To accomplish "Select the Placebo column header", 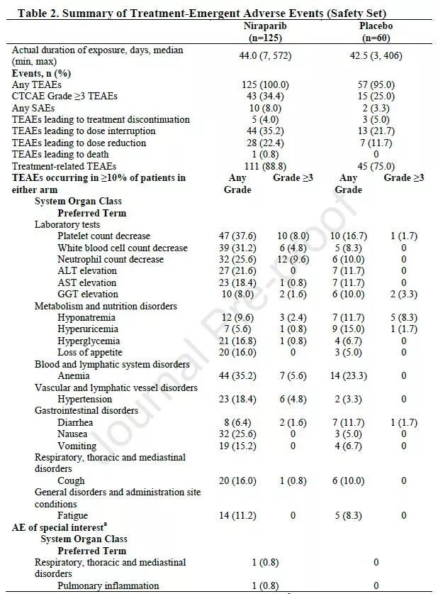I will click(x=376, y=26).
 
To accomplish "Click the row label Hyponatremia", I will click(x=87, y=318).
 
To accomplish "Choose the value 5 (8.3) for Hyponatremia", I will click(x=404, y=318).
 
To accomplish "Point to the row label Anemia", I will click(x=74, y=376).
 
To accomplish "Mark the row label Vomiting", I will click(x=77, y=446).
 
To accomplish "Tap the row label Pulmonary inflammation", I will click(x=108, y=585).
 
